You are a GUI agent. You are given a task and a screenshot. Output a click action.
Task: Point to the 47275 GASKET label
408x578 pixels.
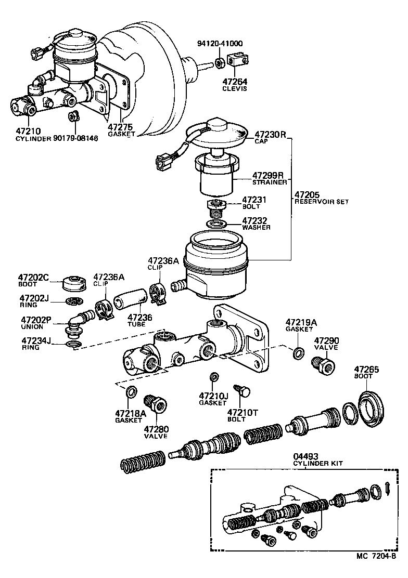click(x=121, y=129)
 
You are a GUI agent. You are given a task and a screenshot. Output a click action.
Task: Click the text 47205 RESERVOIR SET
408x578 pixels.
click(x=321, y=198)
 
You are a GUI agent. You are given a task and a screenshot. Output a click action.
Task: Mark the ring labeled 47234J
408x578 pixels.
click(x=72, y=344)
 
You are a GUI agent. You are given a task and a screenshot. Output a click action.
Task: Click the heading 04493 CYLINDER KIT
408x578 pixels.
click(x=318, y=460)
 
